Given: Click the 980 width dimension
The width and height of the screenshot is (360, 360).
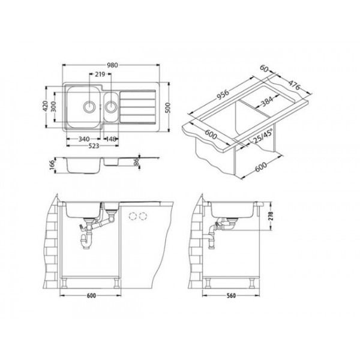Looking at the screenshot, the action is (x=113, y=65).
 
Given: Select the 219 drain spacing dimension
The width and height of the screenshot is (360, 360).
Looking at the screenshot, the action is (x=100, y=74).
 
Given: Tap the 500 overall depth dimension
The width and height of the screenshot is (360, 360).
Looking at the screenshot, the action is (x=168, y=107).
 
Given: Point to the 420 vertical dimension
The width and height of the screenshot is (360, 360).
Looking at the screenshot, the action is (x=45, y=106).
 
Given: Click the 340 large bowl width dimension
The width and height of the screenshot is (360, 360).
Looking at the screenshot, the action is (x=84, y=139).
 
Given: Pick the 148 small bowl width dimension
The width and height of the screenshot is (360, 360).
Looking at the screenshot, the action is (x=111, y=139).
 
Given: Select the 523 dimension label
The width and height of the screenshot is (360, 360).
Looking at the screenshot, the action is (x=94, y=146).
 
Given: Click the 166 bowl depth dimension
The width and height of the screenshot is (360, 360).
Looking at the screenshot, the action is (x=52, y=165).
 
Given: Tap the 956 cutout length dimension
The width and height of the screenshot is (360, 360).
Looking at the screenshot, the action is (x=223, y=95).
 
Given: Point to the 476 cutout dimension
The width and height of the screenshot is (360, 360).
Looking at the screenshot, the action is (x=294, y=85).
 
